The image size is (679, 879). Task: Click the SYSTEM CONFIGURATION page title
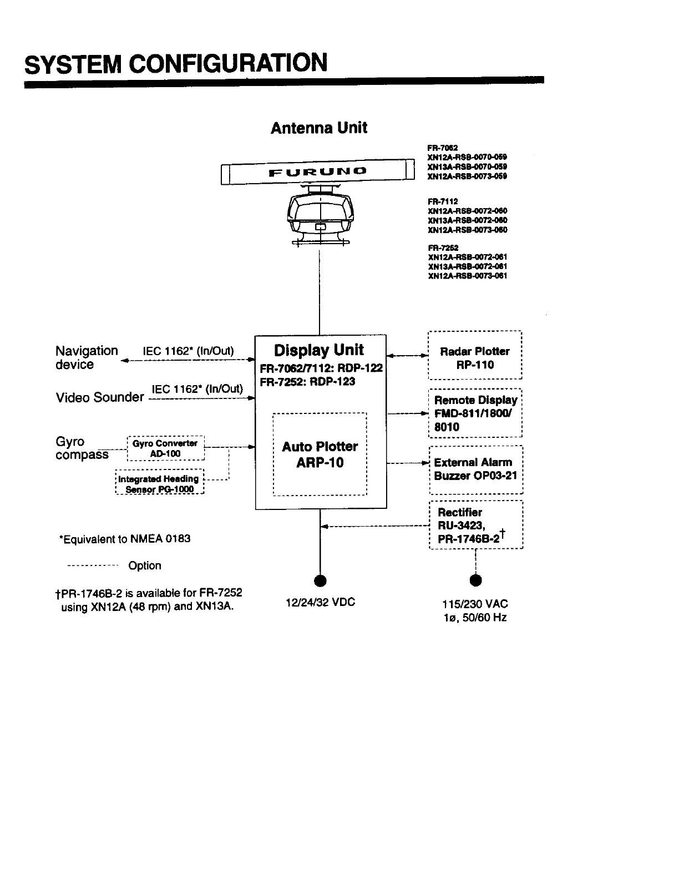click(x=176, y=63)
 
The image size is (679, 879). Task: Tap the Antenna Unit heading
click(x=318, y=128)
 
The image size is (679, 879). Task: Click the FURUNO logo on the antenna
click(x=318, y=172)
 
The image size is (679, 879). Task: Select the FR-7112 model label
click(x=443, y=202)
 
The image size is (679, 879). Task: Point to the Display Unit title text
click(x=319, y=350)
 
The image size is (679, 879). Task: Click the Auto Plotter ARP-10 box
click(x=320, y=454)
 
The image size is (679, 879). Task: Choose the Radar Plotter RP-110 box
click(x=475, y=358)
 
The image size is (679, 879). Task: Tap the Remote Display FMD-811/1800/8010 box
click(x=475, y=413)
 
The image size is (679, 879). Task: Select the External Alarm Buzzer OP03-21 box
click(x=476, y=469)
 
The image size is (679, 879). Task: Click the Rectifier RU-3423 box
click(x=476, y=525)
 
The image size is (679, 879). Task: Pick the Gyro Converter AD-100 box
click(x=165, y=448)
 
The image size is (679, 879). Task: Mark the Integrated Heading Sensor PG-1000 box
click(x=160, y=484)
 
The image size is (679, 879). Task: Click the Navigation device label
click(x=87, y=357)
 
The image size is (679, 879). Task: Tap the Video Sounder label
click(x=100, y=397)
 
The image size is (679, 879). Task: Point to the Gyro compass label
click(x=82, y=448)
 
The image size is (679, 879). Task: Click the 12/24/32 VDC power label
click(x=320, y=602)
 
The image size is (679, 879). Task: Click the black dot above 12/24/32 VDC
click(x=320, y=581)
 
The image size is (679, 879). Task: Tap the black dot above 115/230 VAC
click(x=475, y=581)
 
